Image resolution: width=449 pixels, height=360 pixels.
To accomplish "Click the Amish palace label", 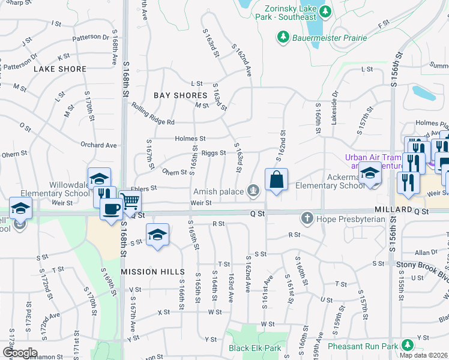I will (x=220, y=191).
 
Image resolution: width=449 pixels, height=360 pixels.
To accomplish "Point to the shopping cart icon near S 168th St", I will (x=130, y=201).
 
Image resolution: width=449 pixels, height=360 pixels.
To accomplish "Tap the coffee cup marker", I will (x=111, y=209).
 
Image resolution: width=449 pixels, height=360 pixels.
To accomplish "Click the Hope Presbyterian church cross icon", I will (x=307, y=218).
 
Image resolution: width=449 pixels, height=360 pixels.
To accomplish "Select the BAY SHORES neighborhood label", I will (x=180, y=95).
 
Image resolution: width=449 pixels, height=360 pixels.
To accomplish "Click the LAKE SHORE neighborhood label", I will (x=60, y=69).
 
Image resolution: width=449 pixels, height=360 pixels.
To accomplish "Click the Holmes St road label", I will (x=190, y=139).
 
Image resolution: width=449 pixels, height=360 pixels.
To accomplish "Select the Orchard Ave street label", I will (x=98, y=145).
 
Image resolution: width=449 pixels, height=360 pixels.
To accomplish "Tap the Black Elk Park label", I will (x=255, y=348).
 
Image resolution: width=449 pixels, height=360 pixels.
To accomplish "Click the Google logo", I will (x=20, y=353).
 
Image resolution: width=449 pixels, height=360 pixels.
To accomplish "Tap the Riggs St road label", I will (x=213, y=154).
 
